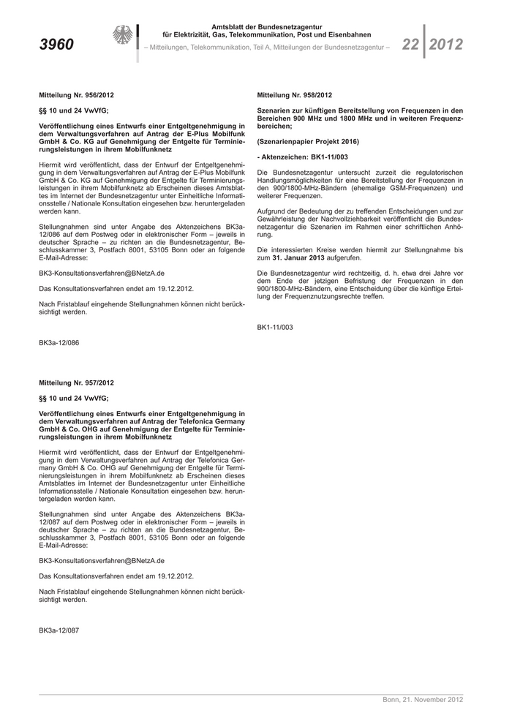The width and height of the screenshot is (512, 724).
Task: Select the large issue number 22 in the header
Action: point(410,45)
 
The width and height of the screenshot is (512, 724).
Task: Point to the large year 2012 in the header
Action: point(445,45)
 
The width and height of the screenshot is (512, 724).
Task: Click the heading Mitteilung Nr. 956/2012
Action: point(76,95)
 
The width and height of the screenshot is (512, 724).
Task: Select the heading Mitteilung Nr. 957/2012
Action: point(76,382)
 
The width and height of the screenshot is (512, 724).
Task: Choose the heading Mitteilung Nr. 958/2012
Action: point(294,95)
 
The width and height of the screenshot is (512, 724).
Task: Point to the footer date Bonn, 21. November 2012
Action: point(423,700)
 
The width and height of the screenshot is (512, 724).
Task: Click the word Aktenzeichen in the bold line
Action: point(286,157)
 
